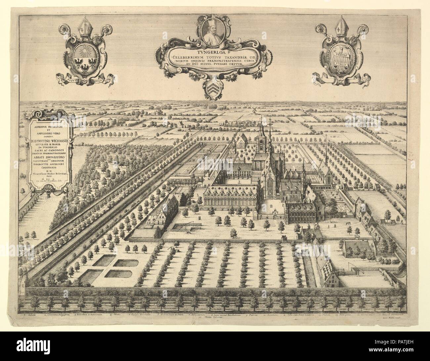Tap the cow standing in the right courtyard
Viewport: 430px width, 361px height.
pyautogui.click(x=348, y=223)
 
